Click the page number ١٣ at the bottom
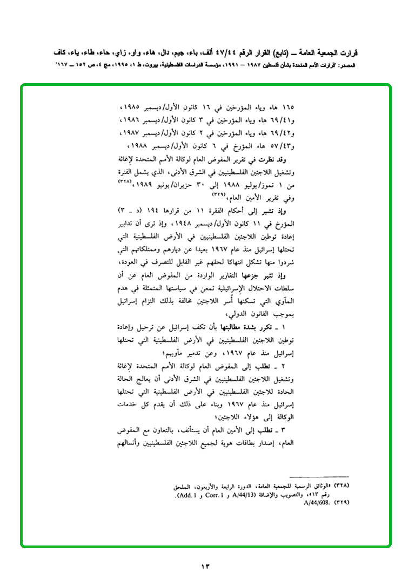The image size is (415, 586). [x=205, y=566]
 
